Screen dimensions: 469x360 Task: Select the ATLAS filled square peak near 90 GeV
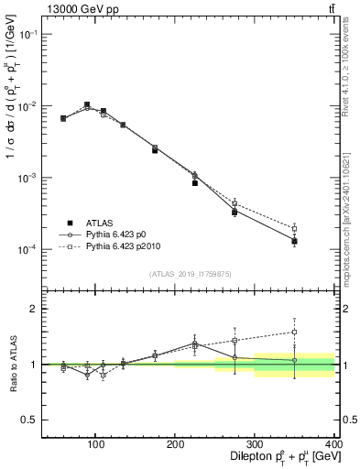tap(87, 104)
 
